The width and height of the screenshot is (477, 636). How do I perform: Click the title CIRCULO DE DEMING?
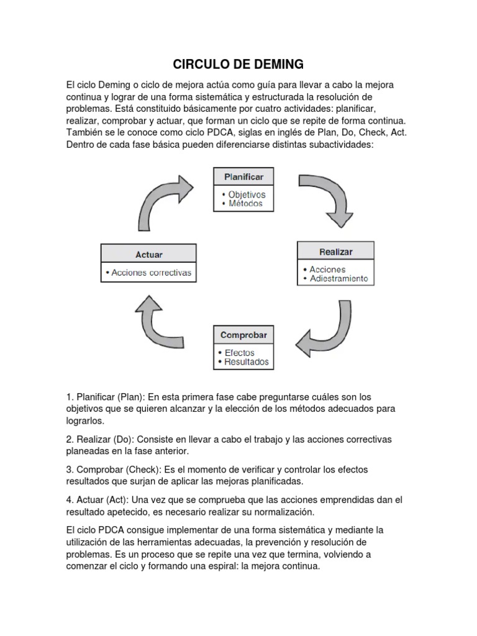point(238,63)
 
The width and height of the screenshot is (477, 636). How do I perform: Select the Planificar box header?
point(243,177)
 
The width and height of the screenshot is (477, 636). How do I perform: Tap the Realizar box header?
point(335,252)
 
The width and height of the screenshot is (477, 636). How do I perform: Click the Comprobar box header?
point(243,335)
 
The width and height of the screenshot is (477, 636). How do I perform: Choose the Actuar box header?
point(148,254)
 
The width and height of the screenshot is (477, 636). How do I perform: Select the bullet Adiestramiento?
point(338,278)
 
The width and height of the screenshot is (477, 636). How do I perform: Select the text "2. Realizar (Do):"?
point(99,439)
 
